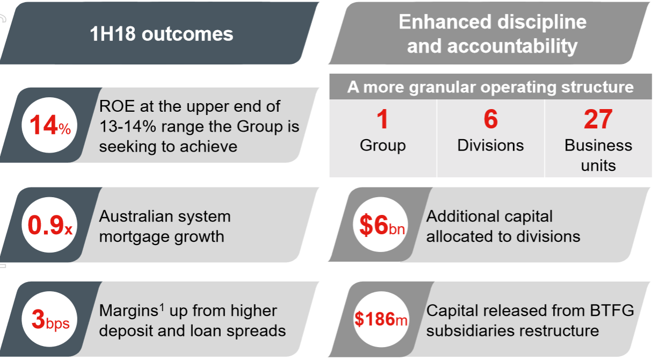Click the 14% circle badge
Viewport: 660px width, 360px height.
(49, 125)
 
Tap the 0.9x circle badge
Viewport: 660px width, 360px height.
(49, 225)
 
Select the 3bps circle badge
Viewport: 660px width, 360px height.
(49, 319)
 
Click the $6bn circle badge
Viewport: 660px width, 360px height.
(381, 225)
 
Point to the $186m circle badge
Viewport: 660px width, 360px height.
(381, 319)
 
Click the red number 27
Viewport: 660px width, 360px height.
(598, 119)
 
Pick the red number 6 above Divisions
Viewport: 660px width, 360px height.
(491, 119)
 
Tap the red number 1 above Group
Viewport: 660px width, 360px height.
(382, 119)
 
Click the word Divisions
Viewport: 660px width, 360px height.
(491, 146)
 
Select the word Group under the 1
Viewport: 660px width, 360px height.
(383, 146)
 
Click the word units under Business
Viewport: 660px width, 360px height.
(598, 165)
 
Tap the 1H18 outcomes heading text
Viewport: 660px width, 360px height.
(161, 34)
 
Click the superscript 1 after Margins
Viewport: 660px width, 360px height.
(162, 307)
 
